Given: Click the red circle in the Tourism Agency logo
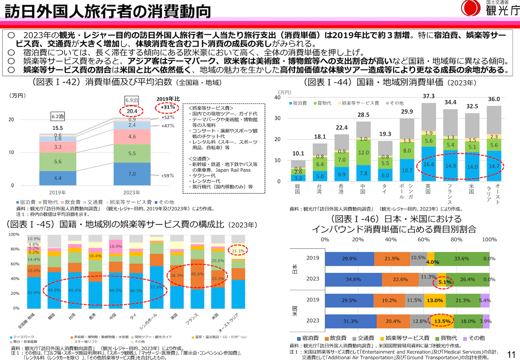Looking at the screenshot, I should (x=471, y=8).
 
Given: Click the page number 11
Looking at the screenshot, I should (x=511, y=355).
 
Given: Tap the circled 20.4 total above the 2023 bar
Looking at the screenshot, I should (x=132, y=111).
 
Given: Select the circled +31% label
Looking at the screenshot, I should (x=168, y=107).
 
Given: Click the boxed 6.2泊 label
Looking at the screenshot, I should (x=58, y=116).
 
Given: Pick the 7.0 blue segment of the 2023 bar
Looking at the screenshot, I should (x=132, y=174).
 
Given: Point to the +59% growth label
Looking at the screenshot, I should (x=168, y=176).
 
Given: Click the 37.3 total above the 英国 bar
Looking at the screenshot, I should (x=429, y=96).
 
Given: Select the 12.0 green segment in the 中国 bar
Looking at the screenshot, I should (x=363, y=152).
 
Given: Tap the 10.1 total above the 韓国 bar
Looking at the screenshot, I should (x=298, y=154).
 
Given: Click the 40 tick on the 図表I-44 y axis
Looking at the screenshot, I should (x=277, y=98).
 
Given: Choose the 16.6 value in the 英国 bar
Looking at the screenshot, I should (x=429, y=164).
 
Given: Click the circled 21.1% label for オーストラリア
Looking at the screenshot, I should (x=238, y=251).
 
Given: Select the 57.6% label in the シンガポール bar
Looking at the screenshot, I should (x=157, y=287).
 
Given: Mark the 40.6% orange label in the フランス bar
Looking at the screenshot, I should (x=197, y=274).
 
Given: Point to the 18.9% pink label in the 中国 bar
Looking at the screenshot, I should (x=115, y=246).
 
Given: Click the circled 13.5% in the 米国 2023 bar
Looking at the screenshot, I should (x=442, y=321).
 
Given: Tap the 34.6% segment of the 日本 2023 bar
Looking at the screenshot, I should (x=353, y=280).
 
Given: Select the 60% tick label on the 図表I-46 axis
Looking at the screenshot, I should (x=424, y=240).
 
